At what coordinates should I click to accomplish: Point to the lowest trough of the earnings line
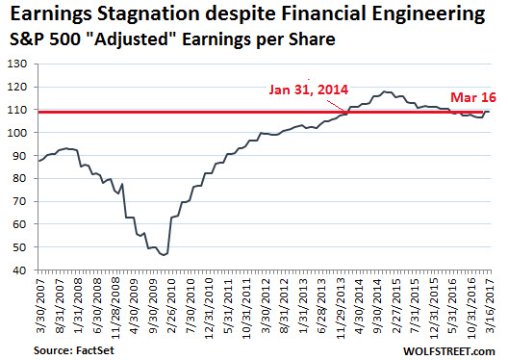165,255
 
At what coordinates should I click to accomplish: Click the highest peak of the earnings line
385,91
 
